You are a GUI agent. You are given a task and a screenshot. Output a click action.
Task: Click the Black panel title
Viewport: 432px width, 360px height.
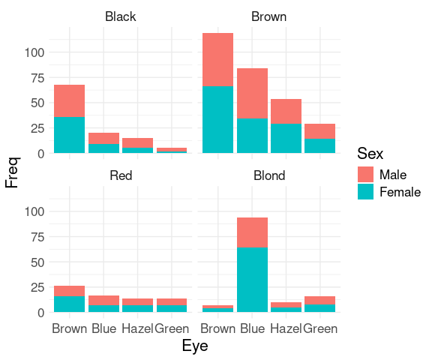click(x=121, y=16)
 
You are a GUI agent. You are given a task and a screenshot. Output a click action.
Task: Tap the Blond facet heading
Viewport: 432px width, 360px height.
click(x=269, y=175)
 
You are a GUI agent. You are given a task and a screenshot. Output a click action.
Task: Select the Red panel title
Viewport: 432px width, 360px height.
click(x=121, y=175)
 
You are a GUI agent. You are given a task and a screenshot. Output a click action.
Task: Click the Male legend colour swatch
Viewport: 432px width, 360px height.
click(x=365, y=174)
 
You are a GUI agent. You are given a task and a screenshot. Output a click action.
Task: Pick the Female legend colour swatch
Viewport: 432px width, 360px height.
click(x=365, y=191)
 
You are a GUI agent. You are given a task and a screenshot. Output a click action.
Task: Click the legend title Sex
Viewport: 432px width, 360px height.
click(x=370, y=154)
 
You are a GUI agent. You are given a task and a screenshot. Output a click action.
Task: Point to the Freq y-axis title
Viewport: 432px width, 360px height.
click(x=13, y=172)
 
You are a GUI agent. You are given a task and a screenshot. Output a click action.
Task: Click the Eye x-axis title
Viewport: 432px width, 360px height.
click(x=195, y=346)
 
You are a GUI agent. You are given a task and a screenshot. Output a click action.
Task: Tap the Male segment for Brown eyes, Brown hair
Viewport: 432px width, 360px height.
click(x=218, y=60)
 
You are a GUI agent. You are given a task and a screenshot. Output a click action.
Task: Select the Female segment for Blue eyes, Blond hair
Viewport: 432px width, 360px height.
click(x=252, y=280)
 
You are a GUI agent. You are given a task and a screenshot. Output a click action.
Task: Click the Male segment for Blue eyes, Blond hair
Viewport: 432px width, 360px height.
click(x=252, y=232)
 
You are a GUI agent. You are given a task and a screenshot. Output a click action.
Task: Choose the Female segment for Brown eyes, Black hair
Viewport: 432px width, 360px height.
click(x=69, y=135)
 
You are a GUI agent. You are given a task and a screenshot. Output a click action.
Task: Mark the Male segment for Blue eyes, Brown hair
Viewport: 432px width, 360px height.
click(x=252, y=93)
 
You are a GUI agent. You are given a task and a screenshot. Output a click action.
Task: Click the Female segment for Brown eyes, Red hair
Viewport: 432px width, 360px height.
click(x=69, y=304)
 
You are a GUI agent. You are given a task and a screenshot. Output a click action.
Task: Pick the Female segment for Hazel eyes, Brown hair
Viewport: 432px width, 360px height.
click(x=286, y=138)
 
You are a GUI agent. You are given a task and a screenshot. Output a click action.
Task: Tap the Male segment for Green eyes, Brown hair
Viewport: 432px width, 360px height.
click(x=319, y=131)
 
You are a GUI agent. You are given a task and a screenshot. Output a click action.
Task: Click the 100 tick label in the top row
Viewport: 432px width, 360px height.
click(x=34, y=52)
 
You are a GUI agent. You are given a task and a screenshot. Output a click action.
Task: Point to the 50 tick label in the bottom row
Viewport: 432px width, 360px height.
click(x=37, y=262)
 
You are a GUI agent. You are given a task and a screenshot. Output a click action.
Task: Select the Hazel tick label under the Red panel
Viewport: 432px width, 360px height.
click(x=137, y=328)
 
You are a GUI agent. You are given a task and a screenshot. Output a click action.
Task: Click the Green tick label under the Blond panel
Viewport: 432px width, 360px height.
click(x=320, y=328)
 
